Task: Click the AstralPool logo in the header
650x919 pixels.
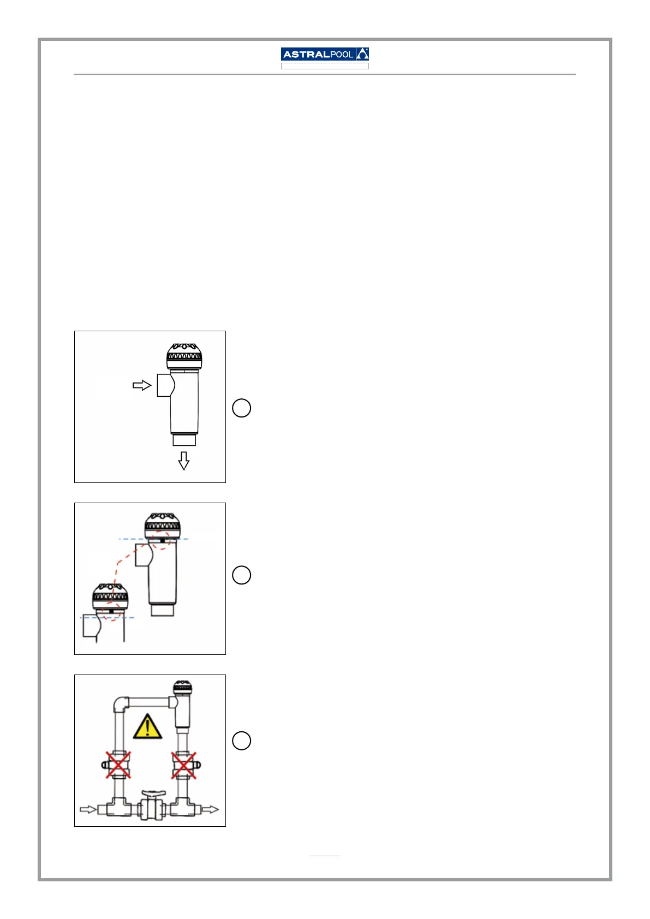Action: click(x=325, y=54)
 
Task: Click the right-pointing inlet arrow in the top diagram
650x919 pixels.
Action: click(x=142, y=385)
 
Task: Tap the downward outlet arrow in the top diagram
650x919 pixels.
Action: click(x=184, y=461)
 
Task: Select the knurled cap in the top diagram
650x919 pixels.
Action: click(x=184, y=356)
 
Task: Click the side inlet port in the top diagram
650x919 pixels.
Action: click(x=164, y=385)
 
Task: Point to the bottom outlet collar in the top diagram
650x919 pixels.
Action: click(x=184, y=439)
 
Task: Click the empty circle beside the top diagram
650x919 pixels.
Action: click(x=242, y=408)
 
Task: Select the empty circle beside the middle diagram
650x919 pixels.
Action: click(x=242, y=575)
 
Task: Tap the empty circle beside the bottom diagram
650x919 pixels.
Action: click(x=242, y=741)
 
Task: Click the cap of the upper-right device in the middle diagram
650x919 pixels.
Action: click(x=162, y=525)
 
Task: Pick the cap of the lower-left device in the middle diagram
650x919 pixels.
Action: click(x=110, y=596)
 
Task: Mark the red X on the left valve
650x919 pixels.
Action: click(x=118, y=765)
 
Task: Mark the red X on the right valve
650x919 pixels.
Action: click(x=184, y=765)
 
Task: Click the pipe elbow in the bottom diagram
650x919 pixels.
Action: click(x=121, y=703)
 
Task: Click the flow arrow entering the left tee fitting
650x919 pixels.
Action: click(x=88, y=809)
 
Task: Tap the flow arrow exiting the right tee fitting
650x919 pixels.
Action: click(x=210, y=809)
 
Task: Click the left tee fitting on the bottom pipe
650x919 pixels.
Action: click(x=117, y=808)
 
